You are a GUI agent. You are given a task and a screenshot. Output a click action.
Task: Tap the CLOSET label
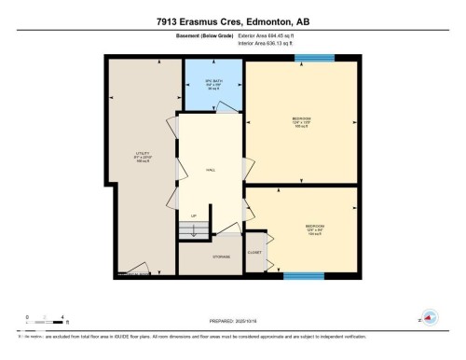(x=254, y=252)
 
